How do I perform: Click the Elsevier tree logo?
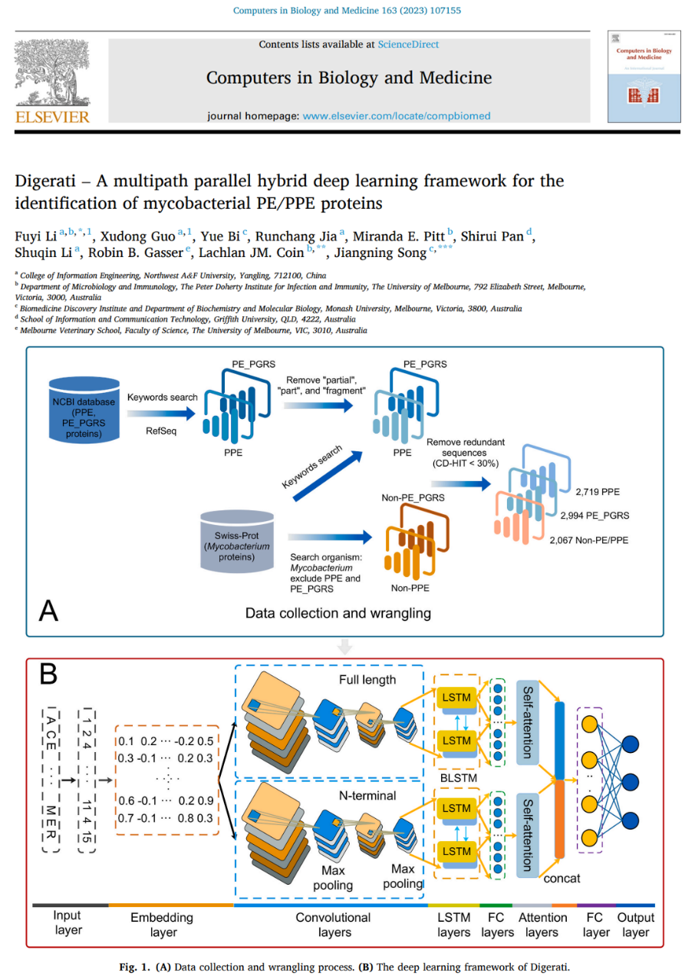52,74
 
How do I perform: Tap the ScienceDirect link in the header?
408,45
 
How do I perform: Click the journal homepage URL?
397,116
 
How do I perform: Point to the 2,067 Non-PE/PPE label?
588,539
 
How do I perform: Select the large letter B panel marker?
48,675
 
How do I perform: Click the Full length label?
367,680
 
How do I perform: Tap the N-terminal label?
367,795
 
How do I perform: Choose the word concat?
563,878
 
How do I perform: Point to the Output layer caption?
636,925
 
